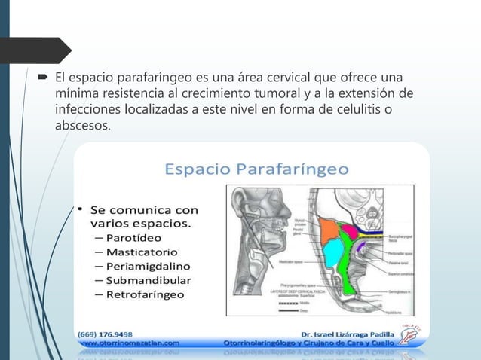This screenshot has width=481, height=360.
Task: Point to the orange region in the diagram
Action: pyautogui.click(x=329, y=231)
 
